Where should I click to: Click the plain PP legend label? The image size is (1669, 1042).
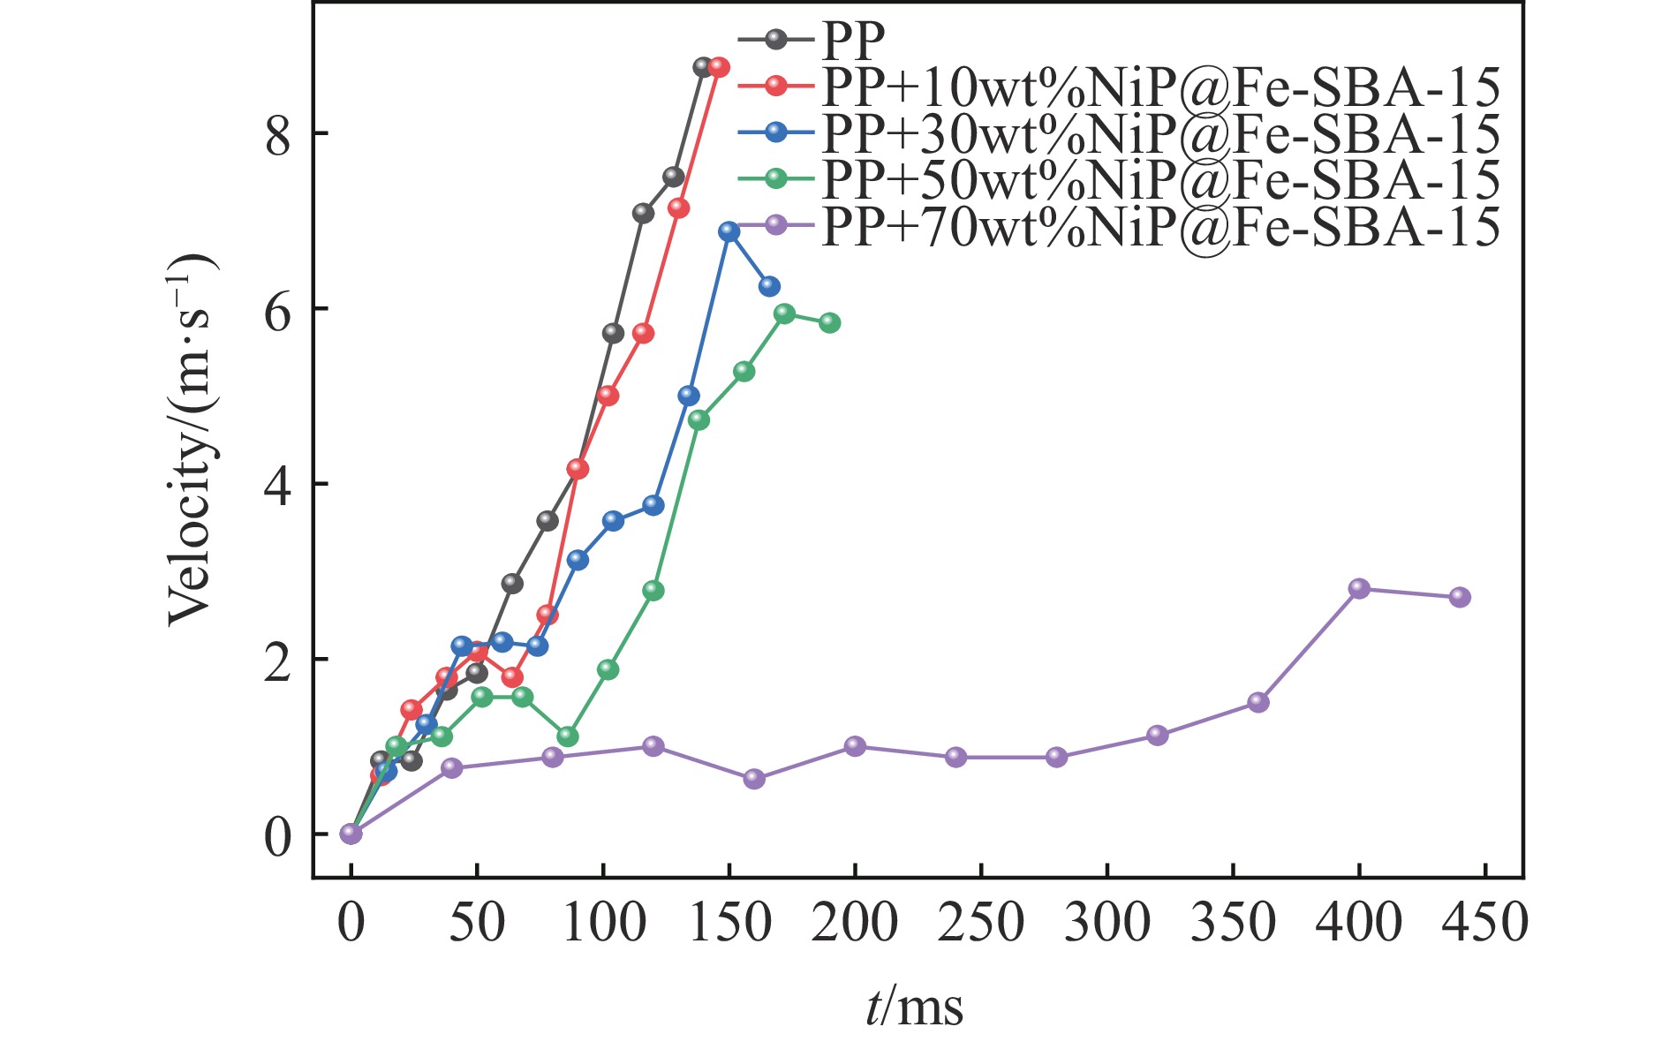coord(852,39)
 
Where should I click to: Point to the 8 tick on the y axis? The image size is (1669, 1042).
coord(278,134)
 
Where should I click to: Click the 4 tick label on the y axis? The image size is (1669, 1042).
coord(278,485)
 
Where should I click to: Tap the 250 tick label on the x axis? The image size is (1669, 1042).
coord(981,923)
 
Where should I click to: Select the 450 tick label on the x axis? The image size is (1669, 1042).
coord(1484,923)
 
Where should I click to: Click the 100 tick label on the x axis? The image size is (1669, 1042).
coord(603,923)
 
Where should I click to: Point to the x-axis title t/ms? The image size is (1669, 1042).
coord(913,1007)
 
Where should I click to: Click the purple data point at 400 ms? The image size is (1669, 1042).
coord(1359,588)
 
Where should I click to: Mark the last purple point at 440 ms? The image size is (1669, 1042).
coord(1460,597)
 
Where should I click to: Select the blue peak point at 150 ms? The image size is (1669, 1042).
coord(729,231)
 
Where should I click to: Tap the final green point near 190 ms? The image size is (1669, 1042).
coord(829,323)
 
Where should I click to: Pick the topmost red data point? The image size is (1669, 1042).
coord(719,67)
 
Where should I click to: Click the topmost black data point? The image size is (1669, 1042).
coord(703,67)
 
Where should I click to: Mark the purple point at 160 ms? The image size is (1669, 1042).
coord(754,779)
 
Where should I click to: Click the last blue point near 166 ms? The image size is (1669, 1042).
coord(769,286)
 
